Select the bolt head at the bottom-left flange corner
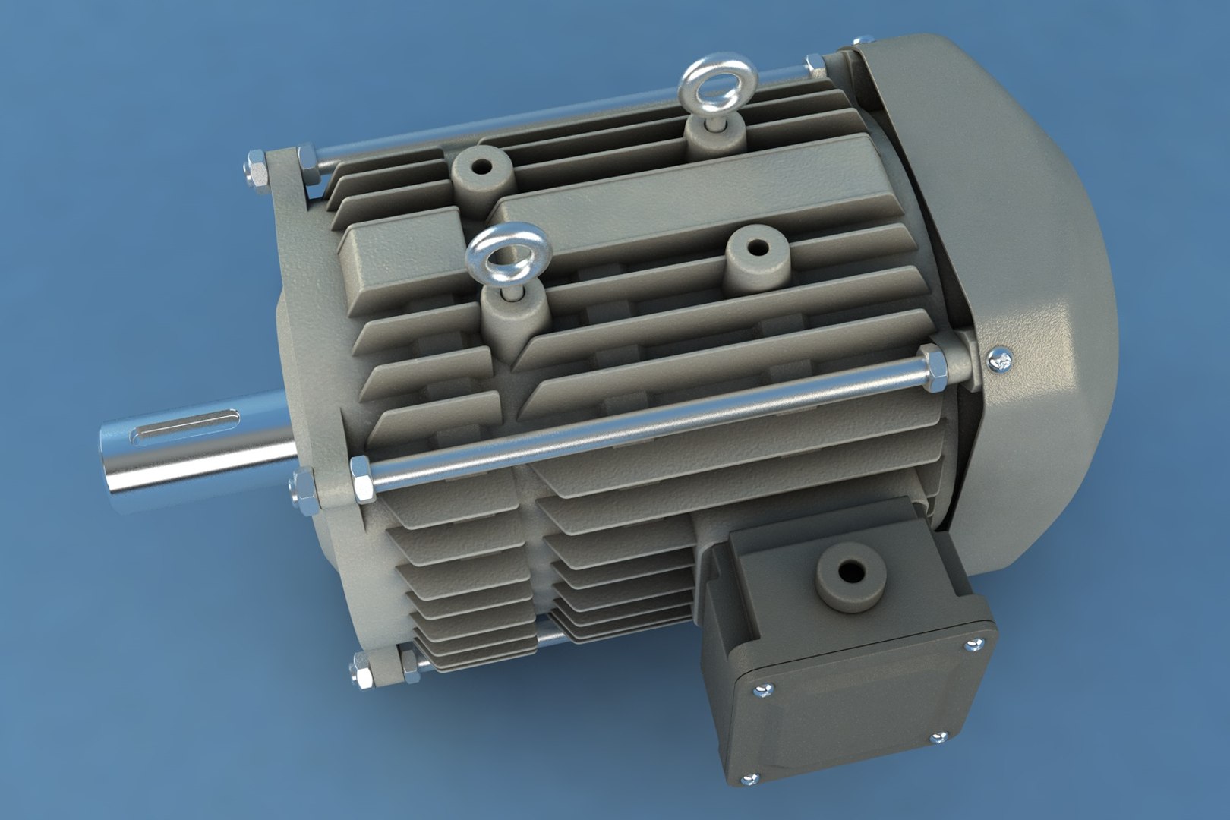pyautogui.click(x=361, y=670)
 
